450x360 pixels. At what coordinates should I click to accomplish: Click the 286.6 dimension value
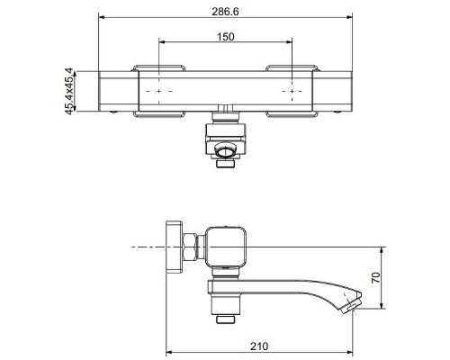point(225,12)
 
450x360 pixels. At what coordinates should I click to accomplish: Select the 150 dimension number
point(225,37)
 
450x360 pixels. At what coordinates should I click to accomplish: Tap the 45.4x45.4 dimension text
point(69,92)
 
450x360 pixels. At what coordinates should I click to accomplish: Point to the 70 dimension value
point(375,277)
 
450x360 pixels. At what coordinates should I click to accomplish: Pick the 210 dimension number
point(259,346)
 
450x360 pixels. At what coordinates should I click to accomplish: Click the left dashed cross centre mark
point(158,91)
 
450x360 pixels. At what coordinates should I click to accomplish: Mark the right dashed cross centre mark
point(292,91)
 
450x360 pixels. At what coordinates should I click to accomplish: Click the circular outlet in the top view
point(226,151)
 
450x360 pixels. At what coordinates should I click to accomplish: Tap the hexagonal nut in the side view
point(190,247)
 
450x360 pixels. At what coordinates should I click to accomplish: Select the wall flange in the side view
point(175,247)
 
